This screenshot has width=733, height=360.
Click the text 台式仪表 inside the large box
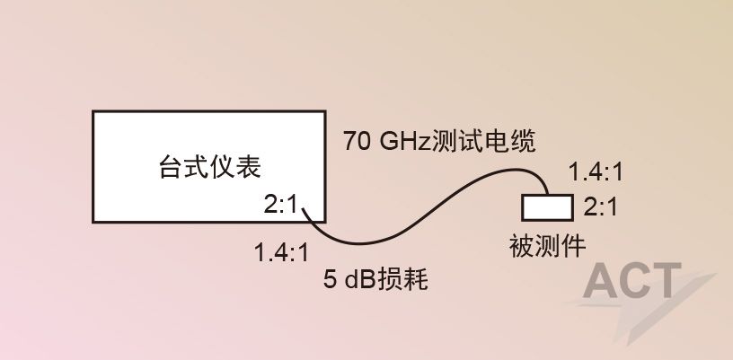209,166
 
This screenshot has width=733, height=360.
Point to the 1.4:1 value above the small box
597,172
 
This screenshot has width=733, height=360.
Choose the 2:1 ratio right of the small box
600,207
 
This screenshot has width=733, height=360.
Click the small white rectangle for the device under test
547,206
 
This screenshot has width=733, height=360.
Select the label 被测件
548,243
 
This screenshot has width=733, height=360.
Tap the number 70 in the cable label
354,141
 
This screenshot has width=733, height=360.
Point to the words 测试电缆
483,141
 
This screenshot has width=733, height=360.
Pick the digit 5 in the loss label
330,280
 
